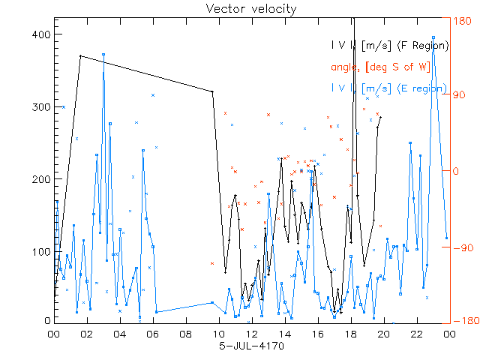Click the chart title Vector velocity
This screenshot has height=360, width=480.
[251, 9]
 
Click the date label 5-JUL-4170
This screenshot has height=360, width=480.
[252, 346]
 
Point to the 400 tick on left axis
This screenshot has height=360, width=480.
[40, 34]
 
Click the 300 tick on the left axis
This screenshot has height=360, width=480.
[40, 106]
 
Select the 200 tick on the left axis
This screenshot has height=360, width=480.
[40, 178]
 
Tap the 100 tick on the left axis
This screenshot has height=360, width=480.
[40, 250]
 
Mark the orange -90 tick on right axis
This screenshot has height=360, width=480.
[460, 249]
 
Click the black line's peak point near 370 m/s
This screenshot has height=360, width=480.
[80, 55]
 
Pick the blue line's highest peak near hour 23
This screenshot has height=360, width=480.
[433, 36]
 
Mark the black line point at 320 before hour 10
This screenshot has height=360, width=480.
[212, 91]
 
